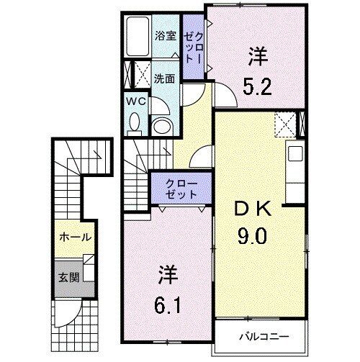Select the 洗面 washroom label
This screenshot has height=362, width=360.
[x=163, y=77]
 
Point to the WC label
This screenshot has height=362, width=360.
[x=137, y=102]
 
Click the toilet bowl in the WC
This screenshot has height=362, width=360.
[x=135, y=124]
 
